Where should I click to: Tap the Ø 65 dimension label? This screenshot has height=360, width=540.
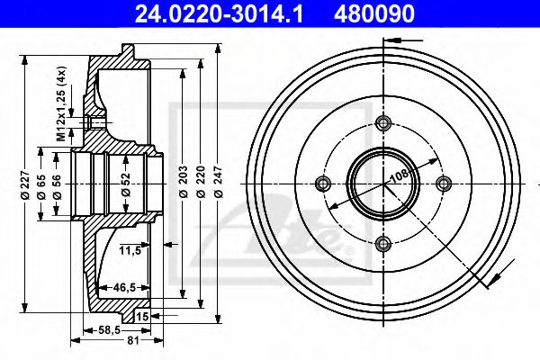[x=42, y=184]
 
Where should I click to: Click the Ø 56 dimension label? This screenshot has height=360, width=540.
[x=58, y=184]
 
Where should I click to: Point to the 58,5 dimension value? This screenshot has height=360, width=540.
[x=111, y=330]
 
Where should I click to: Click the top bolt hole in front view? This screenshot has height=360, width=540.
[x=384, y=124]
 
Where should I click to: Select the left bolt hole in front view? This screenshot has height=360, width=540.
[x=325, y=184]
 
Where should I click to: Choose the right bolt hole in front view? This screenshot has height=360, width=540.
[x=443, y=184]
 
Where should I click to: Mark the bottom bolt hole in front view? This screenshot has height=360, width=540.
[x=384, y=242]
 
